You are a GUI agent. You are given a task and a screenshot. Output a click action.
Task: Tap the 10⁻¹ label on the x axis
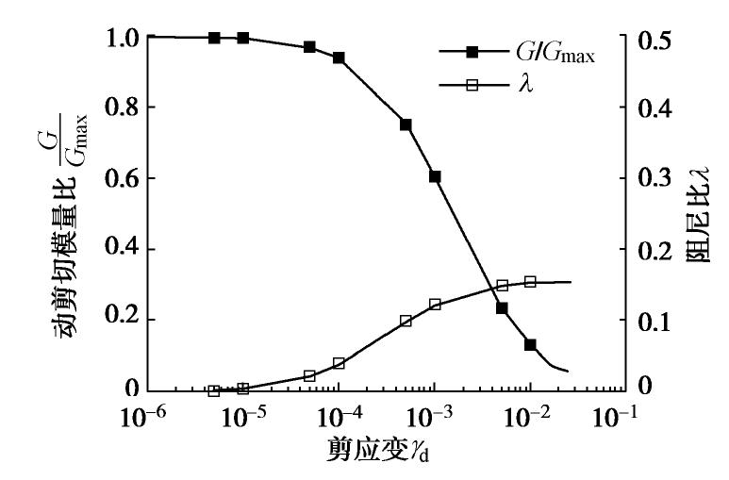click(626, 417)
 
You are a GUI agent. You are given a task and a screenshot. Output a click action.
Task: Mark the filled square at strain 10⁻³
click(435, 176)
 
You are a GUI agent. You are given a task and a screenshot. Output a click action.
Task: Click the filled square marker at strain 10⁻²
click(530, 345)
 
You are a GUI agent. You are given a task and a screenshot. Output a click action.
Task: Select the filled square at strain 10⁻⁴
click(339, 58)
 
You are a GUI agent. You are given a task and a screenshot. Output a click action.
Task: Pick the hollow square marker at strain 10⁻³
click(435, 304)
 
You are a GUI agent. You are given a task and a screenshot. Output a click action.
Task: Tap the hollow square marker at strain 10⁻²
click(530, 281)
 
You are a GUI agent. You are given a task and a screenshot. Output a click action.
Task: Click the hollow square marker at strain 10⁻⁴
click(339, 363)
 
